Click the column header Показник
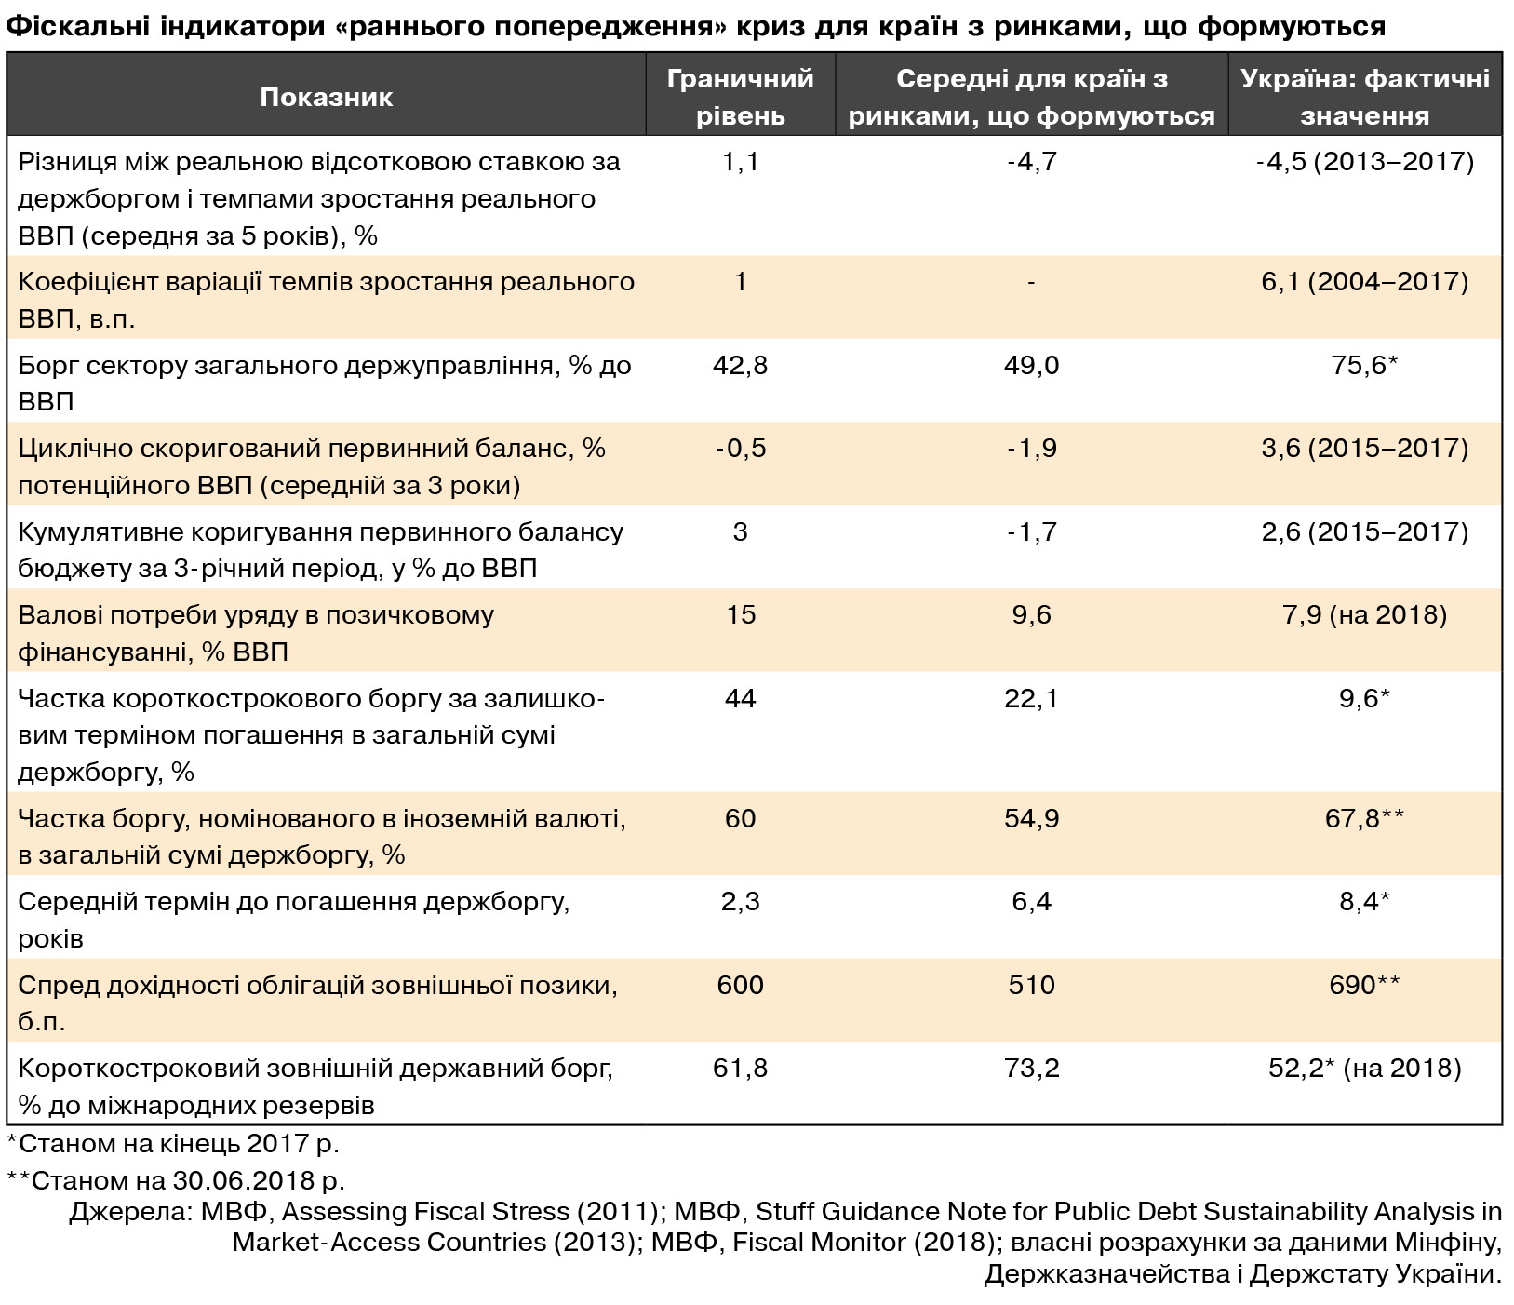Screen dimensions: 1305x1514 pyautogui.click(x=326, y=97)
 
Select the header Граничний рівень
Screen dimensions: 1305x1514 pyautogui.click(x=740, y=97)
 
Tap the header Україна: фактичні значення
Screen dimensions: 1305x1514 pyautogui.click(x=1364, y=97)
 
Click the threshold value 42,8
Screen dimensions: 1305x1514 pyautogui.click(x=740, y=365)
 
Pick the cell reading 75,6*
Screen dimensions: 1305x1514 pyautogui.click(x=1364, y=365)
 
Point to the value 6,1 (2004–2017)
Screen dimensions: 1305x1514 pyautogui.click(x=1364, y=282)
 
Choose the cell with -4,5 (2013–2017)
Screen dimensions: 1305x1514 pyautogui.click(x=1364, y=162)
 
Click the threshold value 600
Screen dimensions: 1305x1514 pyautogui.click(x=740, y=985)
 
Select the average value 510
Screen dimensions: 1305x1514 pyautogui.click(x=1031, y=985)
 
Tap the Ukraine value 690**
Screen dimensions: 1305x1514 pyautogui.click(x=1364, y=985)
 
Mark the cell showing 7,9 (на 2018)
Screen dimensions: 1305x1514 pyautogui.click(x=1364, y=615)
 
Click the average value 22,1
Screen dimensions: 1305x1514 pyautogui.click(x=1031, y=698)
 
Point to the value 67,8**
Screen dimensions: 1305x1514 pyautogui.click(x=1364, y=818)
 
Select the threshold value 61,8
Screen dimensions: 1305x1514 pyautogui.click(x=740, y=1068)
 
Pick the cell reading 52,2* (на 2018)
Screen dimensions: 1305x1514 pyautogui.click(x=1364, y=1068)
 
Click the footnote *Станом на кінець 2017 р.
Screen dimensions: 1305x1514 pyautogui.click(x=173, y=1143)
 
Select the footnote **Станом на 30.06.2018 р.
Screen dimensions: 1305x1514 pyautogui.click(x=177, y=1180)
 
